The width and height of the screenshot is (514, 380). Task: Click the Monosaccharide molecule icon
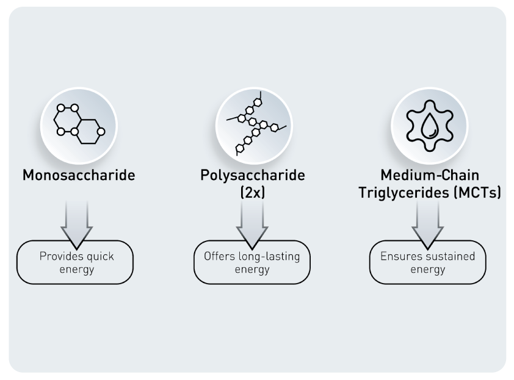(79, 124)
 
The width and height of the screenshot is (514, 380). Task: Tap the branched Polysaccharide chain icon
(252, 124)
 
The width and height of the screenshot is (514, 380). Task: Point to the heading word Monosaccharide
(79, 176)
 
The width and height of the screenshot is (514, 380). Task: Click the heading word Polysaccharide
(252, 176)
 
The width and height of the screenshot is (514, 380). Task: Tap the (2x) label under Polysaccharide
(252, 194)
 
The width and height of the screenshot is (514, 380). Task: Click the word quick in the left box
(100, 256)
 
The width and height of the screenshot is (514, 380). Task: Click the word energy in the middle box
(252, 269)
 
